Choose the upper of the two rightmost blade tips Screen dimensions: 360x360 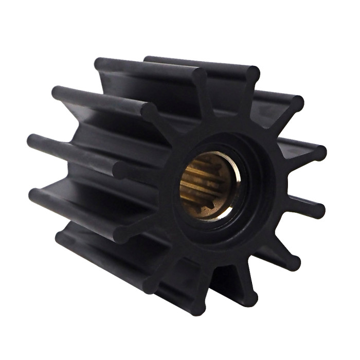click(x=318, y=153)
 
